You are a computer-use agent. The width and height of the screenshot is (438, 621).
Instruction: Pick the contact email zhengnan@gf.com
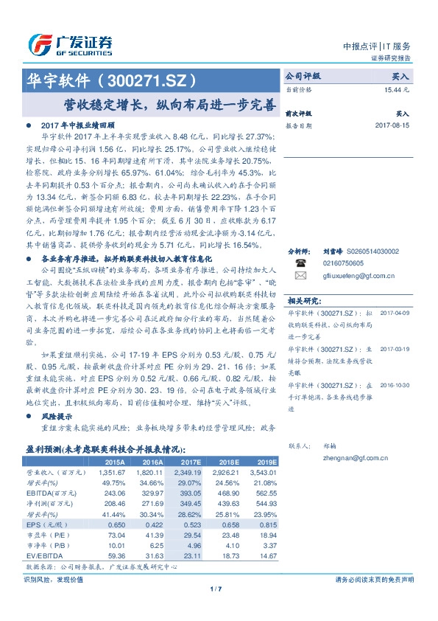tap(339, 457)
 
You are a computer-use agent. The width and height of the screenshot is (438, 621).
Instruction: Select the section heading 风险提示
tap(56, 417)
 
